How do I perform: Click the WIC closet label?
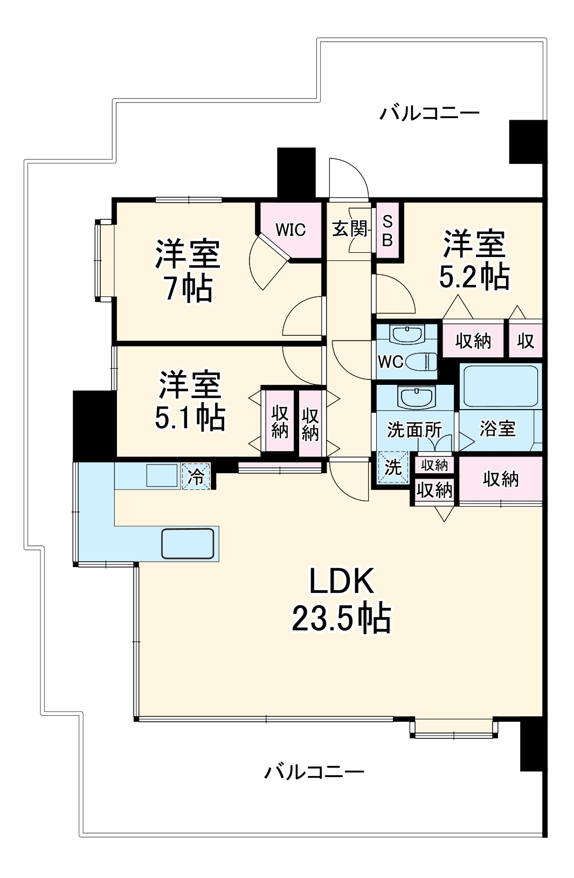click(291, 230)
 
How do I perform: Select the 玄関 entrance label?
click(349, 229)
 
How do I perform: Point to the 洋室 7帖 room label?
click(188, 271)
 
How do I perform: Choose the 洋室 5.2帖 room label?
click(474, 260)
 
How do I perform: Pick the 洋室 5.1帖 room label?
click(190, 400)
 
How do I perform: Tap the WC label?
click(390, 362)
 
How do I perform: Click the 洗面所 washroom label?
click(414, 430)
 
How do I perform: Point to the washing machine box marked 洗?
click(393, 467)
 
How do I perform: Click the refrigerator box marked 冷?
click(196, 476)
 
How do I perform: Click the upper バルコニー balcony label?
click(429, 113)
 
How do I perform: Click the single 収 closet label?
click(525, 341)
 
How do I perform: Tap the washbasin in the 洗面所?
click(416, 398)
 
